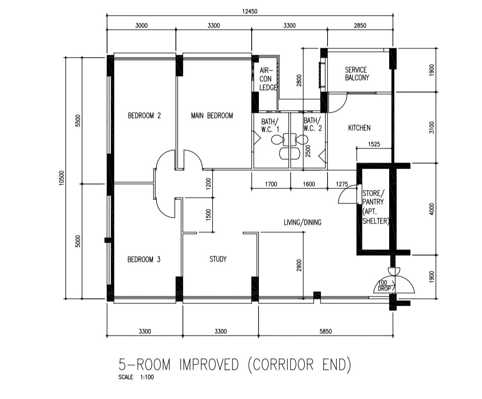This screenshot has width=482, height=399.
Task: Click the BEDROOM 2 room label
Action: point(144,116)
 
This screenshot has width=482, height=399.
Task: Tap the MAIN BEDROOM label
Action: point(212,116)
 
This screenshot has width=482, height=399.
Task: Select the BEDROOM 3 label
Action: point(144,259)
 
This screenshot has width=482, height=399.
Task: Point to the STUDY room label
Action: point(218,259)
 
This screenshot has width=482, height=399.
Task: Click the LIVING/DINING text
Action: point(303,222)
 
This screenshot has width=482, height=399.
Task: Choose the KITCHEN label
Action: point(359,128)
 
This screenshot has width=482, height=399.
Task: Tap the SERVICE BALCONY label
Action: point(357,74)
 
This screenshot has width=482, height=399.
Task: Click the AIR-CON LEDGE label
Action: point(268,79)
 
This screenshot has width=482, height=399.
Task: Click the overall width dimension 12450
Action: point(250,12)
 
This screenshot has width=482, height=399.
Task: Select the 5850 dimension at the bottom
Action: point(326,331)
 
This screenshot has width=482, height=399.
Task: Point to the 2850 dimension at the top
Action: point(360,25)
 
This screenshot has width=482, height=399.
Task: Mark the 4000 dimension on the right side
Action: point(431,209)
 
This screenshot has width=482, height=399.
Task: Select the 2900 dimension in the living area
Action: point(299,266)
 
